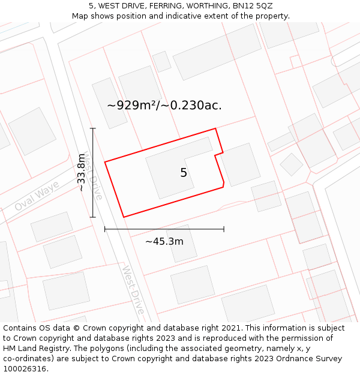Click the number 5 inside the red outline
[x=184, y=173]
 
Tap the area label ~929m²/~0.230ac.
[x=164, y=105]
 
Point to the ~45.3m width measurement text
[x=164, y=241]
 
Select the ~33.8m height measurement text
[x=82, y=172]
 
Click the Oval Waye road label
[x=37, y=197]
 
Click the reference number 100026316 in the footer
[x=26, y=369]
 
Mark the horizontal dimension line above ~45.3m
[x=164, y=229]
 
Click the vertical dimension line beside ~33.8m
[x=93, y=172]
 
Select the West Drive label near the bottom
[x=133, y=289]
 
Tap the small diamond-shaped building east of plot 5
[x=292, y=164]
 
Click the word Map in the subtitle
[x=80, y=16]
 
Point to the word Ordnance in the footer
[x=304, y=359]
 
